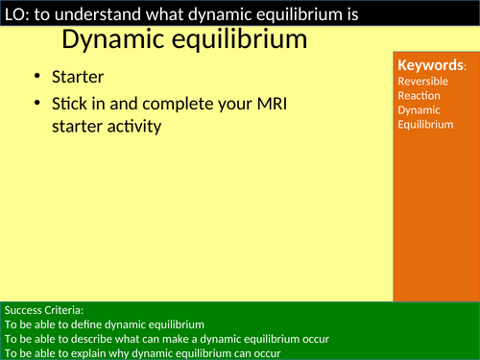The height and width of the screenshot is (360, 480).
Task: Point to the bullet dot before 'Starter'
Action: [x=36, y=78]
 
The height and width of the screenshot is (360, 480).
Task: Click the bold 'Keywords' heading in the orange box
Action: [x=431, y=65]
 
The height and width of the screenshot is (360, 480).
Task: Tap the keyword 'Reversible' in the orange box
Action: [x=422, y=82]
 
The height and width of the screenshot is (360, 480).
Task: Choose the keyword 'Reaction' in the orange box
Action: [x=419, y=96]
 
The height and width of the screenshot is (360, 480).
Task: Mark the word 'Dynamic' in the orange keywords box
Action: [x=418, y=110]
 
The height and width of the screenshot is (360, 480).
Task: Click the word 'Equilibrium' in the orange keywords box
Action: [x=425, y=124]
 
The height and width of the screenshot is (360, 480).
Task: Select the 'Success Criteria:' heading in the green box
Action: [x=44, y=310]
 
